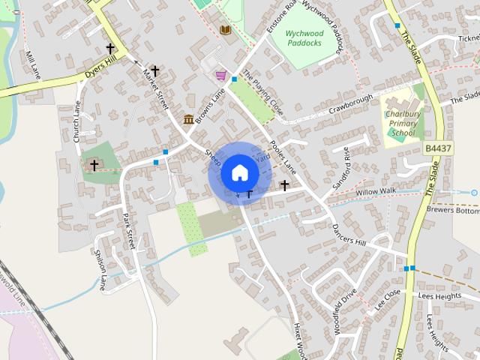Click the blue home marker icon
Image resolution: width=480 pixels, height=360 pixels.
pos(239,172)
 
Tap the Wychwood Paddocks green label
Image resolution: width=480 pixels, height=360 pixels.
pos(306,38)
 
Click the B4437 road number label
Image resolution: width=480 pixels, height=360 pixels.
pos(437,148)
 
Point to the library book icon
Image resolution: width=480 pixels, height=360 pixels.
pos(225,29)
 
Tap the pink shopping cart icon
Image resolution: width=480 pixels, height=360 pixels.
pos(221,75)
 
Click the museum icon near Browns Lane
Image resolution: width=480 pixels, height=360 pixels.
pos(188,119)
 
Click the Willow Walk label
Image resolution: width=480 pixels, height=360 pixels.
pos(376,193)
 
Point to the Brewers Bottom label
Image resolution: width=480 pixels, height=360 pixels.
pos(451,211)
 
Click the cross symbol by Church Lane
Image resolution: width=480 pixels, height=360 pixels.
pos(94,164)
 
